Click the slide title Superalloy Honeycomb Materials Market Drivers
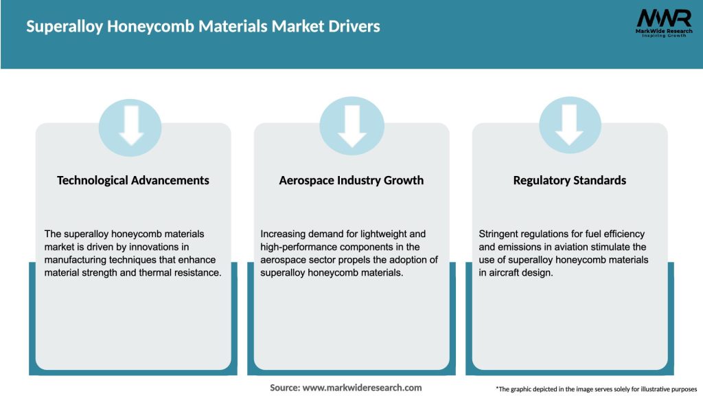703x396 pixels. tap(203, 27)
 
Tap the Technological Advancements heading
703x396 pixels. tap(133, 180)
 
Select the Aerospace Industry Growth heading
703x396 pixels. tap(351, 180)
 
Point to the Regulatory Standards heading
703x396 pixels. tap(570, 180)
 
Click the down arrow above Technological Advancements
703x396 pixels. tap(130, 126)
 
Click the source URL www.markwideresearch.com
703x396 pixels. tap(362, 388)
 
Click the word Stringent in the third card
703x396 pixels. tap(500, 234)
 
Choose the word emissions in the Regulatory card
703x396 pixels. tap(521, 247)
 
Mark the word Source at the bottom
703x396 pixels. tap(284, 388)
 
